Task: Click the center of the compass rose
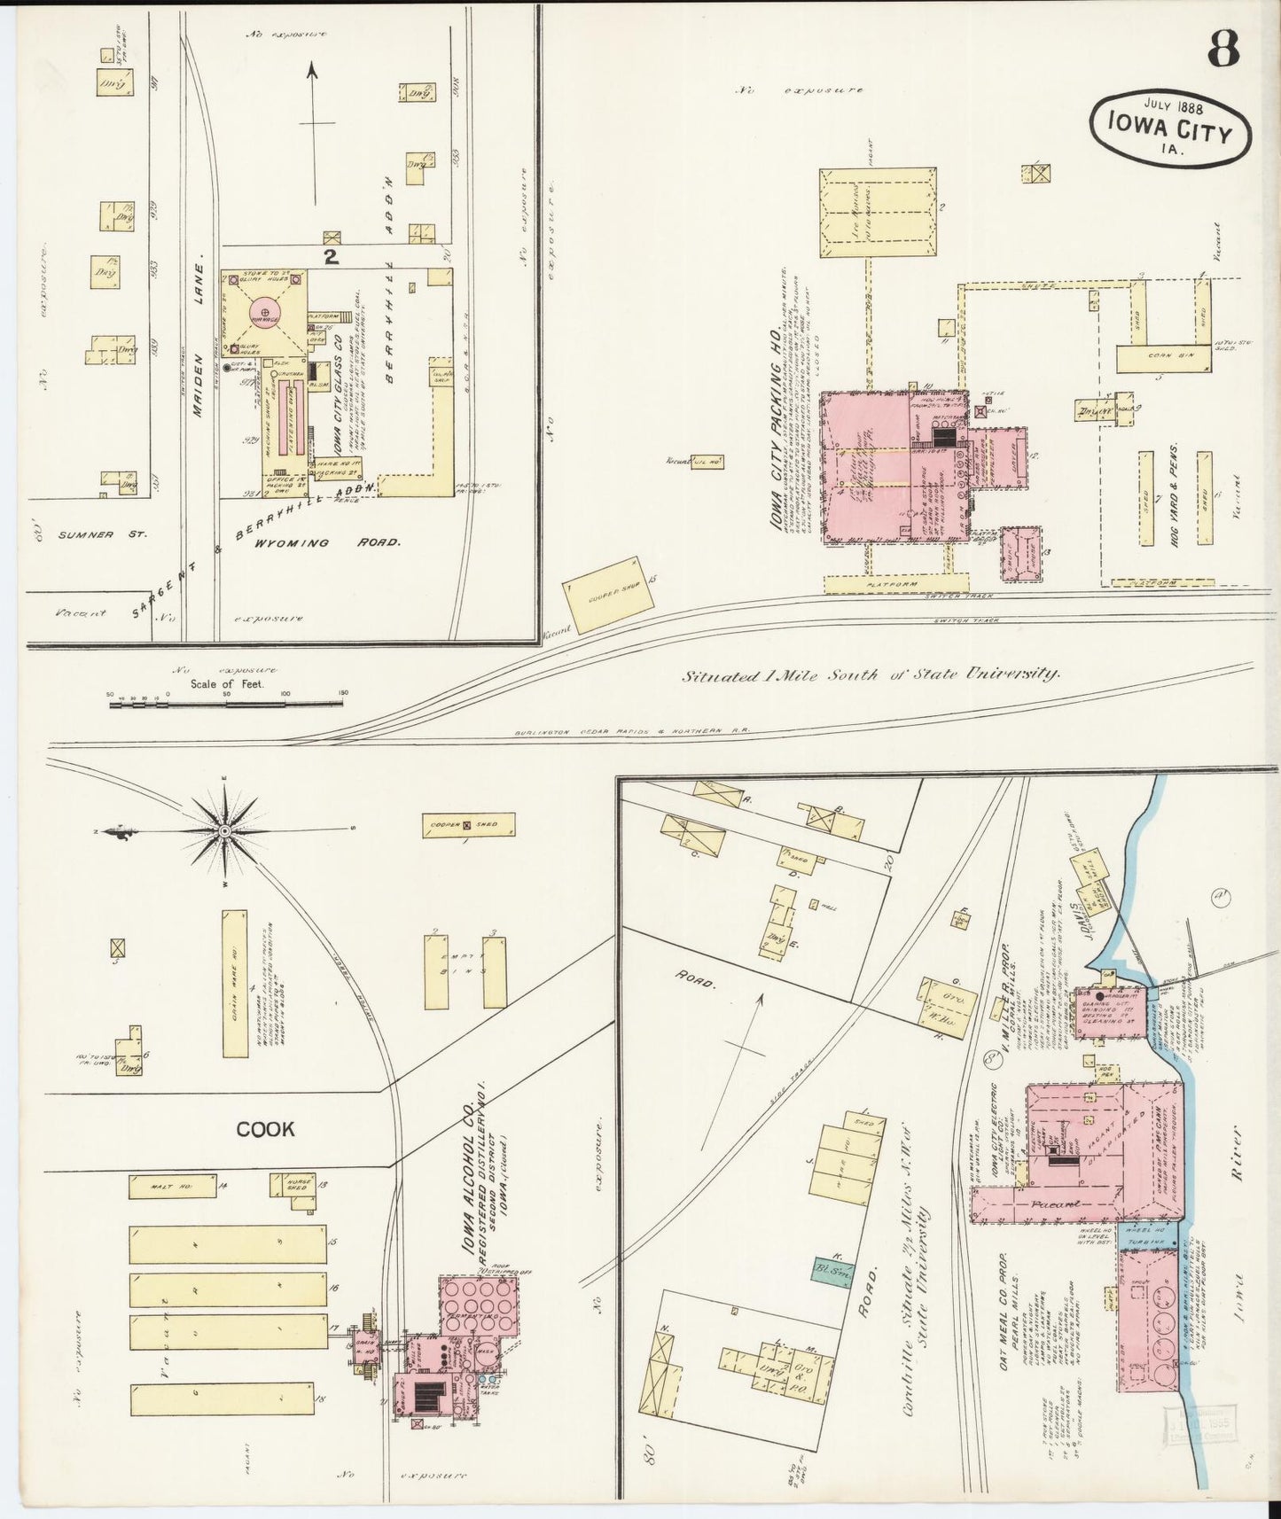click(225, 831)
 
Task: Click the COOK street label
click(265, 1129)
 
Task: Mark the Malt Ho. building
click(171, 1187)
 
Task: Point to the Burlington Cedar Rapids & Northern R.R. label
click(632, 732)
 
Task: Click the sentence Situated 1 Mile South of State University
click(871, 674)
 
